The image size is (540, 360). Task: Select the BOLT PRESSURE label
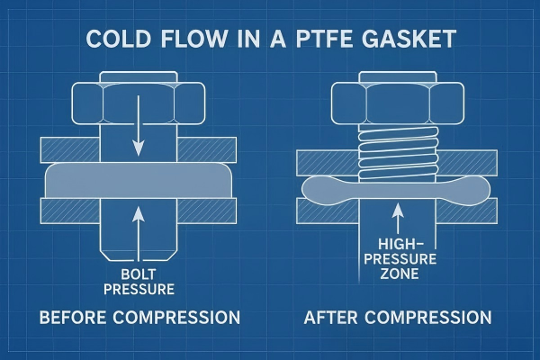tap(139, 282)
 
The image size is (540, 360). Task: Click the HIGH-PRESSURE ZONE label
tap(400, 259)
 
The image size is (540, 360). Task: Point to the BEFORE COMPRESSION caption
tap(139, 317)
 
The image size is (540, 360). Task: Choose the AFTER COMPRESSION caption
tap(398, 317)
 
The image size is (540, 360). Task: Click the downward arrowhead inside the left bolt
tap(138, 148)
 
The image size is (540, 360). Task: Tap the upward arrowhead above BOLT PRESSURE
tap(138, 213)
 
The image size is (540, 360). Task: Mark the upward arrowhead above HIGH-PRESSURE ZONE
tap(398, 210)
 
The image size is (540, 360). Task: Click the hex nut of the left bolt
tap(139, 103)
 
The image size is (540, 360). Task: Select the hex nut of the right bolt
tap(398, 103)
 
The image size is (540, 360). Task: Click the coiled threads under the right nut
tap(398, 152)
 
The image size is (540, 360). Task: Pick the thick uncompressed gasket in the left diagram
tap(139, 180)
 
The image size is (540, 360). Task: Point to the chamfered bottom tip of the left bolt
tap(139, 255)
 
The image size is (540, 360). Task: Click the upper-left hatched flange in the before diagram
tap(70, 150)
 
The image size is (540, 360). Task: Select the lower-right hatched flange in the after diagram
tap(466, 211)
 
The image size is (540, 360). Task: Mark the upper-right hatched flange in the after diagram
tap(467, 162)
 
